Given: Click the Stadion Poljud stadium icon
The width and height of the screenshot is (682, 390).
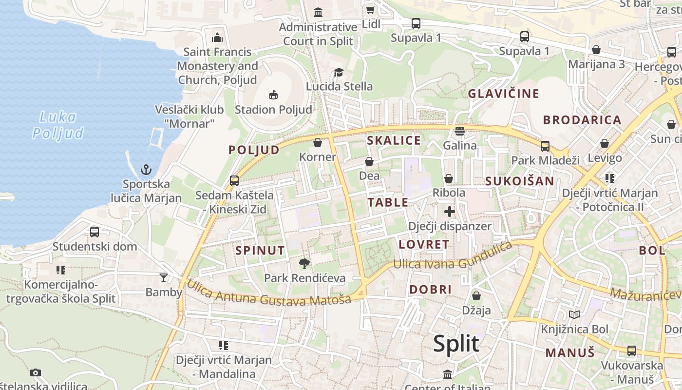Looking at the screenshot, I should point(273,95).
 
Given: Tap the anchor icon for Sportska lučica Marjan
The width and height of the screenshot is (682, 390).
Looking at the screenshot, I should point(146,170).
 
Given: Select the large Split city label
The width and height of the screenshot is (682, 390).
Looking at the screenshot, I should point(456,344).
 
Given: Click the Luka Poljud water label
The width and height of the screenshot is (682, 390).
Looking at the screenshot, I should point(57,125).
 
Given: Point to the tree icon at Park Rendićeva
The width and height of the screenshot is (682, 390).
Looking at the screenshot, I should point(304,264).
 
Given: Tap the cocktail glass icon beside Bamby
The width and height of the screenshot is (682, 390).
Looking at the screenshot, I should point(163,278).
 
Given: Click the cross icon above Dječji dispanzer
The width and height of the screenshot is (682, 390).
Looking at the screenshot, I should point(449,212).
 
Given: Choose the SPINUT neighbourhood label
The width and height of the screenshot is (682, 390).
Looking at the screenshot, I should point(260,251).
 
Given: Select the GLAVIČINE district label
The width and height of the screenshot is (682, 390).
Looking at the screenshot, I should point(504,94).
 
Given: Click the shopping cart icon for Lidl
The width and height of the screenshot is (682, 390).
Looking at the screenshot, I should point(370,10).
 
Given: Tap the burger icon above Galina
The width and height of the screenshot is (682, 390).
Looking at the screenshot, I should point(459,131).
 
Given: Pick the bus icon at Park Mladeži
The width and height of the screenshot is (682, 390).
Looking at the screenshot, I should point(545,146).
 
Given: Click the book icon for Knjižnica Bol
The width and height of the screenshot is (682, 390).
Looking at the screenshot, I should point(574,315).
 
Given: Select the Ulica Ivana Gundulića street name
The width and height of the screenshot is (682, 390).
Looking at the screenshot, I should point(453,257).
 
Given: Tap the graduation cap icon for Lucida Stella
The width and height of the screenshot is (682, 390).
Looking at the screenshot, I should point(339,73).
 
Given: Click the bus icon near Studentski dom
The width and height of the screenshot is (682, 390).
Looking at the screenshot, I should point(95,232).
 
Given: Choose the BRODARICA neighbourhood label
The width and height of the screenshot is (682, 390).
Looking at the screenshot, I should point(582,120).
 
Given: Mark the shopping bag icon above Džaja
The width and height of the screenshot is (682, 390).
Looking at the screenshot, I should point(476,296).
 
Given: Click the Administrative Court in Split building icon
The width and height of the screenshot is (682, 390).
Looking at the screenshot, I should point(318,12).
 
